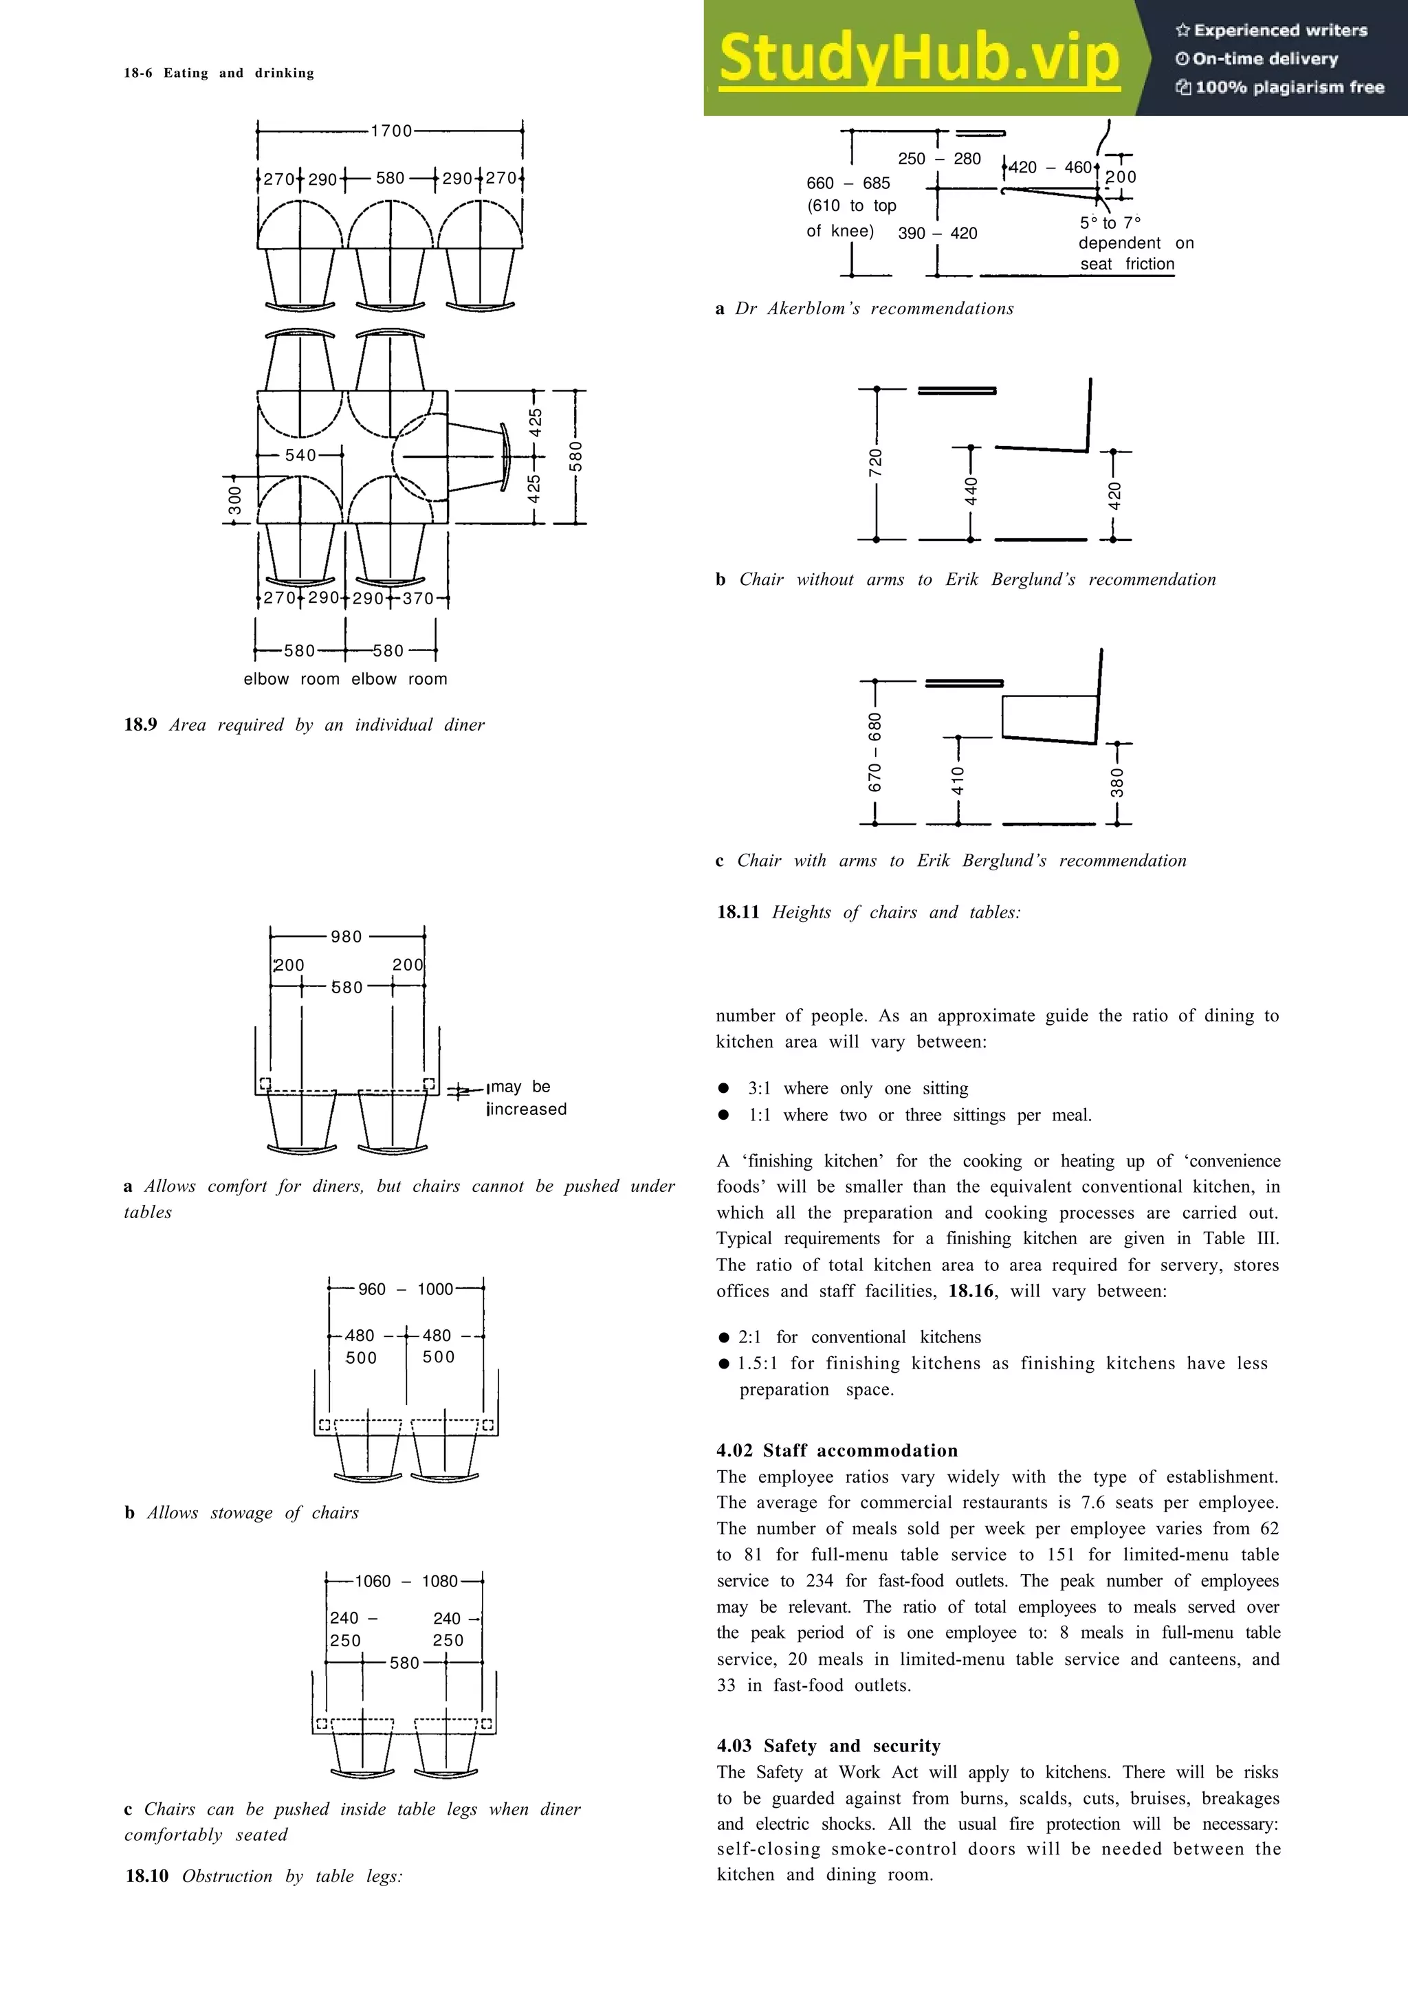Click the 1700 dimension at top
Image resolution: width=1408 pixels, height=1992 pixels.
(x=391, y=131)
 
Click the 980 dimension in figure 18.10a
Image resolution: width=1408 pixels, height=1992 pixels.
(x=346, y=937)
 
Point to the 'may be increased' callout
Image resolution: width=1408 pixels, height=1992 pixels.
(x=527, y=1098)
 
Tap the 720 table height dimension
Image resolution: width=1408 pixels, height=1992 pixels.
(x=875, y=463)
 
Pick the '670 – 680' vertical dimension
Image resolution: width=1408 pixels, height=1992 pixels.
(x=874, y=751)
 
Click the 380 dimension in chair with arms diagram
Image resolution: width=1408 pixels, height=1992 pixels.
(x=1117, y=782)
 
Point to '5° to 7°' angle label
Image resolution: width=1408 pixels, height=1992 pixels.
(x=1110, y=223)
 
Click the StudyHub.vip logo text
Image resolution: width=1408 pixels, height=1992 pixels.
(x=918, y=58)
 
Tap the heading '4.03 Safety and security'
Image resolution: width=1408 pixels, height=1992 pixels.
(x=828, y=1746)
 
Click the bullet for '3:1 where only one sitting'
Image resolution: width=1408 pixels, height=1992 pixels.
(x=723, y=1088)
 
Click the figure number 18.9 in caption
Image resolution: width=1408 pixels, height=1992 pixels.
(x=140, y=724)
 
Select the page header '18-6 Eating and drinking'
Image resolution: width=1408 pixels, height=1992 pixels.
(x=219, y=73)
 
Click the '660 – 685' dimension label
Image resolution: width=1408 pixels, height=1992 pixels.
(x=848, y=183)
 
